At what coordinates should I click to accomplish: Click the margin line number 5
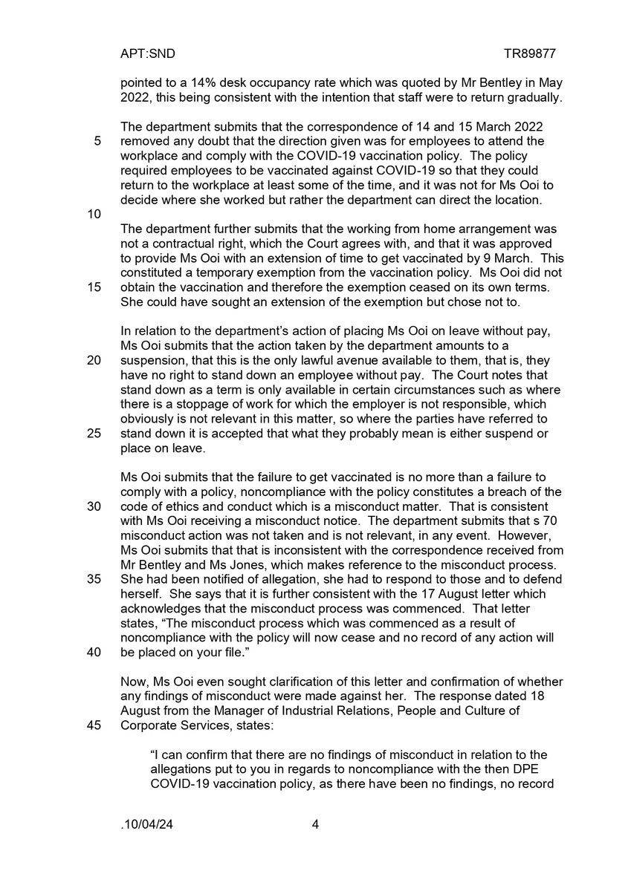pos(98,141)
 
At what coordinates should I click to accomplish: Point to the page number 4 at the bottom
pos(315,845)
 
